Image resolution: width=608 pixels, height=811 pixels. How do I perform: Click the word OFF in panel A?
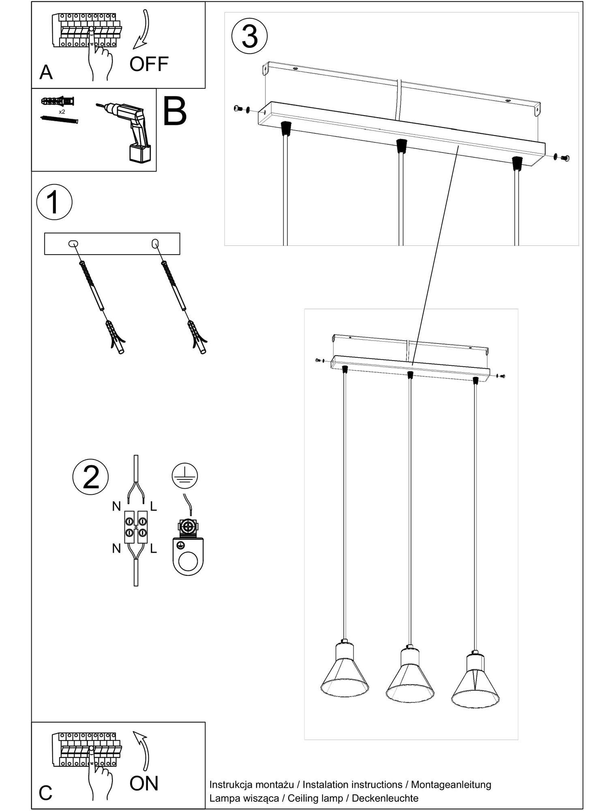pos(149,64)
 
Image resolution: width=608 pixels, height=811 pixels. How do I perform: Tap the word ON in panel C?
pos(144,783)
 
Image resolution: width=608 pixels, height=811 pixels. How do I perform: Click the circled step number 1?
pos(54,202)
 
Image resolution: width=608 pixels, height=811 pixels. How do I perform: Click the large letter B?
pos(174,111)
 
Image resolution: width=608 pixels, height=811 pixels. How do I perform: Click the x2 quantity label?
pos(62,112)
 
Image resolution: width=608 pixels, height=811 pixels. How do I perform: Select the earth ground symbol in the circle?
pos(184,475)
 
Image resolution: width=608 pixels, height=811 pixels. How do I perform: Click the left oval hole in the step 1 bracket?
pos(73,244)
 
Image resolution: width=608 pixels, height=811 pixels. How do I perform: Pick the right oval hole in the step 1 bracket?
pos(154,243)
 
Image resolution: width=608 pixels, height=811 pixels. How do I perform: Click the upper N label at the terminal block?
pos(117,506)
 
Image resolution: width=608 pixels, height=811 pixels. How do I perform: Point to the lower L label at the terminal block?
pos(153,549)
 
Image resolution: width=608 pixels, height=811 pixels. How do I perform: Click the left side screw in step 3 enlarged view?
pos(239,109)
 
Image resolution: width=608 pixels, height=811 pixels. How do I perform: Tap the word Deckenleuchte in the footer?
pos(385,798)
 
